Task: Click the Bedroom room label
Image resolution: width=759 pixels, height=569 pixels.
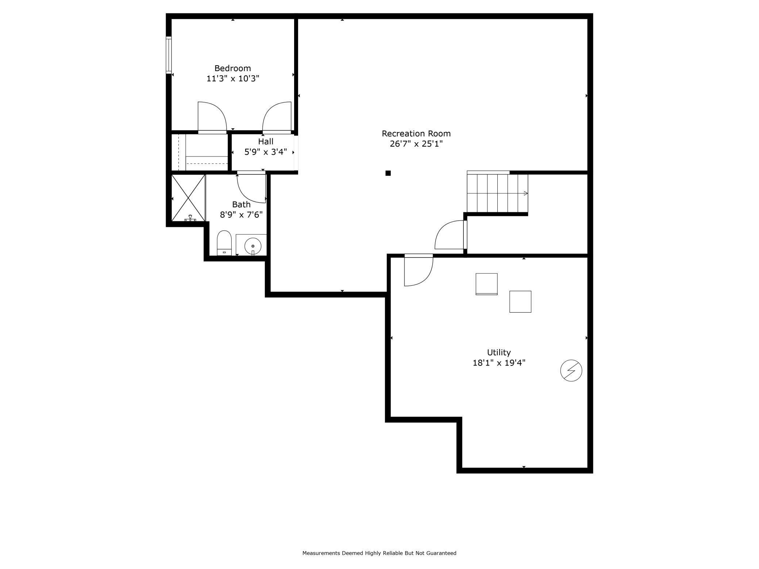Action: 232,68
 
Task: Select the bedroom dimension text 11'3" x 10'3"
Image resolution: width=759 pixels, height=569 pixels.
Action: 233,78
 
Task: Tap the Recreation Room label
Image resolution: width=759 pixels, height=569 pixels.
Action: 416,133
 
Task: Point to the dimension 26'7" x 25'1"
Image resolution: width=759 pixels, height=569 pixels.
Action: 416,144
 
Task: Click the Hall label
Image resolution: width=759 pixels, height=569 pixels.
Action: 265,142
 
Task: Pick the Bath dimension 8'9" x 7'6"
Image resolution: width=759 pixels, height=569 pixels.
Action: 241,214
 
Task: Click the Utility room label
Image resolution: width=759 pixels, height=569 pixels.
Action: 498,352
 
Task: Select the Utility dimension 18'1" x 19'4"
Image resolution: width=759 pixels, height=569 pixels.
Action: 499,363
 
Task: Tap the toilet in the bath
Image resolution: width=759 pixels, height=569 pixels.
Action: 224,243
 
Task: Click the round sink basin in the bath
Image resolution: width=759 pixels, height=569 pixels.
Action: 253,246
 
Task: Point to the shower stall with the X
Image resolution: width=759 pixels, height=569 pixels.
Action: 188,198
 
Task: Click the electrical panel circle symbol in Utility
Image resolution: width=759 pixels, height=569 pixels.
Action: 571,371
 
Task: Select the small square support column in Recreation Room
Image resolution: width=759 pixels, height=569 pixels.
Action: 388,173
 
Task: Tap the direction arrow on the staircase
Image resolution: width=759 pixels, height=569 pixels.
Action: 525,193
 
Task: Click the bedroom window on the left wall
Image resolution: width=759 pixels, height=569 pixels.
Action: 169,55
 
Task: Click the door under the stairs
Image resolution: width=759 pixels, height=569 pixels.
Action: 450,235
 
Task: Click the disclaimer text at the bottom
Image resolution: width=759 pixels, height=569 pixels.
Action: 379,553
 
